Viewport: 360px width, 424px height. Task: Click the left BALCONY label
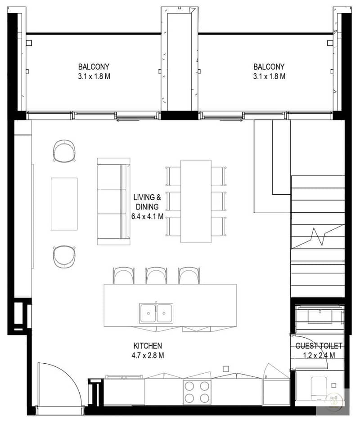click(x=94, y=67)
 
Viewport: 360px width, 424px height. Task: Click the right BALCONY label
click(x=269, y=67)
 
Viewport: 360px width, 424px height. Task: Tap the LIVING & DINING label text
click(x=147, y=202)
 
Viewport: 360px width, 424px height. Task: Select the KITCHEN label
click(x=148, y=346)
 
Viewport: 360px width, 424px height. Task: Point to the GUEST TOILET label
click(x=319, y=346)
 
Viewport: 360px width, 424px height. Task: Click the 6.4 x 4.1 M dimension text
click(x=148, y=216)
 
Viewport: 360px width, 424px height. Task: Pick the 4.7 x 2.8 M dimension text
click(x=148, y=355)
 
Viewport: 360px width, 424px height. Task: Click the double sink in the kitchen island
click(x=157, y=313)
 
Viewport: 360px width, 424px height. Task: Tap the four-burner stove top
click(x=197, y=392)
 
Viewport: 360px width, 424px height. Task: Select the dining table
click(x=196, y=201)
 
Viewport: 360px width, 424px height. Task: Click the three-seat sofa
click(x=114, y=201)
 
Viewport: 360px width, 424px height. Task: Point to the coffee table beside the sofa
click(x=64, y=204)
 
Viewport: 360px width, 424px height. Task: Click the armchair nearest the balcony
click(x=64, y=151)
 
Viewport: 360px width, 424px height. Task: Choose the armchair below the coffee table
click(x=64, y=257)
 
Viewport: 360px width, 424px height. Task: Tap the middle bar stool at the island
click(x=156, y=276)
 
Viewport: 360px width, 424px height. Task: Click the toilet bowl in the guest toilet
click(x=319, y=388)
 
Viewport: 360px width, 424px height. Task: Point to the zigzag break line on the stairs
click(x=318, y=237)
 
